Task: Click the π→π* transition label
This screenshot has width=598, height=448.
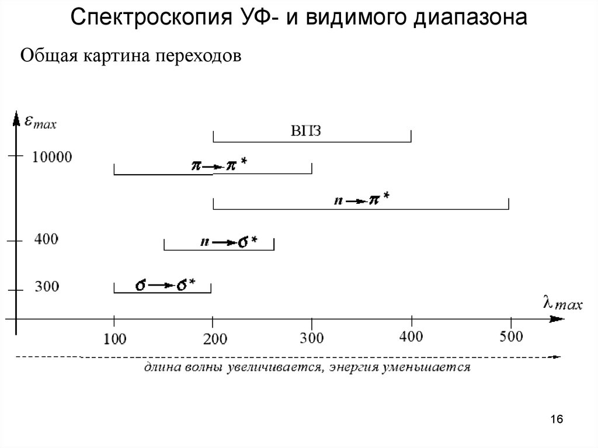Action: [219, 165]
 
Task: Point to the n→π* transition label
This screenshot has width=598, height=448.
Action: [361, 200]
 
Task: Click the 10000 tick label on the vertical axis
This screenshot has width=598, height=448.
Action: [53, 157]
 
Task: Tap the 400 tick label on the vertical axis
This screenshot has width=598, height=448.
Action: [46, 239]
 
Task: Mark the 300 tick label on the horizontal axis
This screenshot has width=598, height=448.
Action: [312, 338]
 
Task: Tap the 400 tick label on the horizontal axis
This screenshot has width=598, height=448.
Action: [412, 337]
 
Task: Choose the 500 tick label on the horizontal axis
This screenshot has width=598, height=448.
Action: [511, 337]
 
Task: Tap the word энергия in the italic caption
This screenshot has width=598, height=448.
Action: [353, 367]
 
